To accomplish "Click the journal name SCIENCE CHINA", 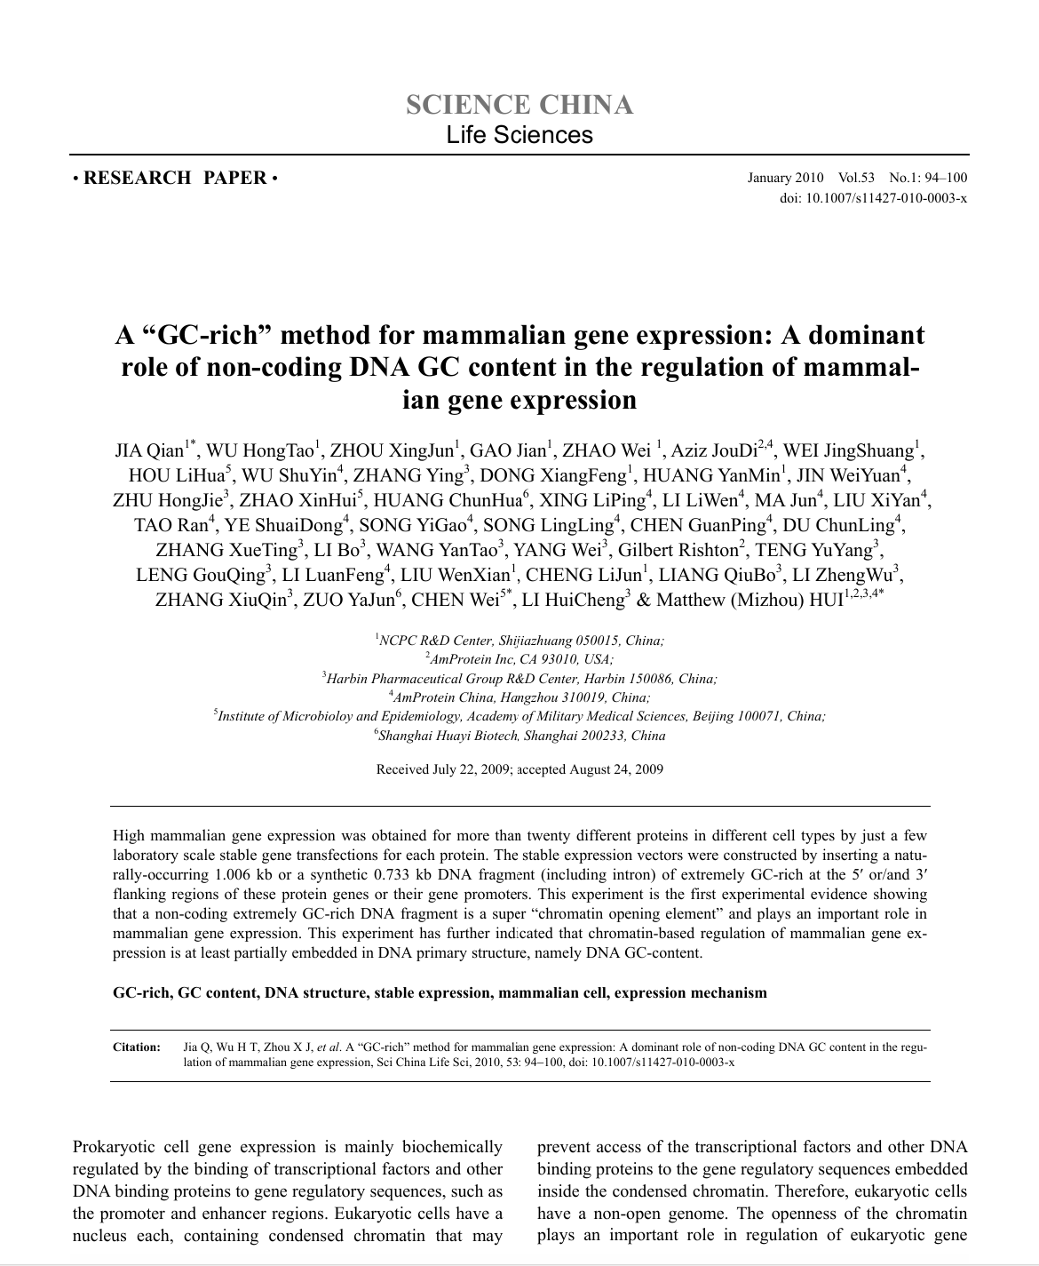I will pyautogui.click(x=519, y=105).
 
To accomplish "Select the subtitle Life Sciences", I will pyautogui.click(x=519, y=135).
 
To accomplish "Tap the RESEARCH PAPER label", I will pyautogui.click(x=176, y=178).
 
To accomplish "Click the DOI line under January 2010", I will pyautogui.click(x=873, y=197).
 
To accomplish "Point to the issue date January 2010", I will pyautogui.click(x=785, y=178).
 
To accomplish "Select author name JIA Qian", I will pyautogui.click(x=149, y=450).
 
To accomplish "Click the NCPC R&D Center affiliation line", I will pyautogui.click(x=519, y=640).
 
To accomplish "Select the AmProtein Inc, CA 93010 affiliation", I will pyautogui.click(x=519, y=659).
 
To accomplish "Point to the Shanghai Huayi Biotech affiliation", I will pyautogui.click(x=521, y=736).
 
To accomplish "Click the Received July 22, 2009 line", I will pyautogui.click(x=519, y=769).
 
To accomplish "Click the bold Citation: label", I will pyautogui.click(x=137, y=1047).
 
